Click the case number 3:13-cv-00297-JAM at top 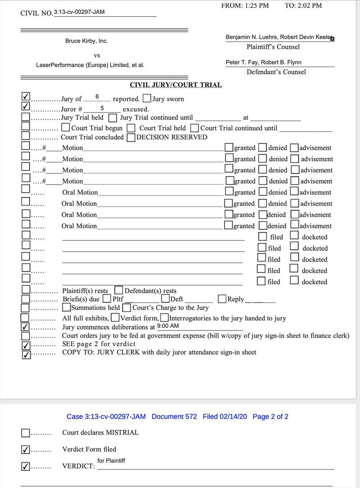79,12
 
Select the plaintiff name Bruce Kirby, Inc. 86,41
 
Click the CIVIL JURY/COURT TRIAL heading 175,85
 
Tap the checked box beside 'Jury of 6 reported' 26,97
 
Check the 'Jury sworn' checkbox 147,99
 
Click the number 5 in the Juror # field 102,108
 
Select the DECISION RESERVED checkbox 131,138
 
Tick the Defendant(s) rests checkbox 119,290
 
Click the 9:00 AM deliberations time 168,326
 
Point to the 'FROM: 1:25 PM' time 245,5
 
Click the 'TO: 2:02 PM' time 303,5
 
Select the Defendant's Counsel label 276,72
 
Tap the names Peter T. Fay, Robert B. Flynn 264,63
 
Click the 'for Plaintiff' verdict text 111,461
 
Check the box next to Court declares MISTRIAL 26,433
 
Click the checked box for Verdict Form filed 26,449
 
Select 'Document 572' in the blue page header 174,416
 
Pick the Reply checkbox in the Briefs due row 222,299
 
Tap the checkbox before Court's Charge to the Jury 127,308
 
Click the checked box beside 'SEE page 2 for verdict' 26,345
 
